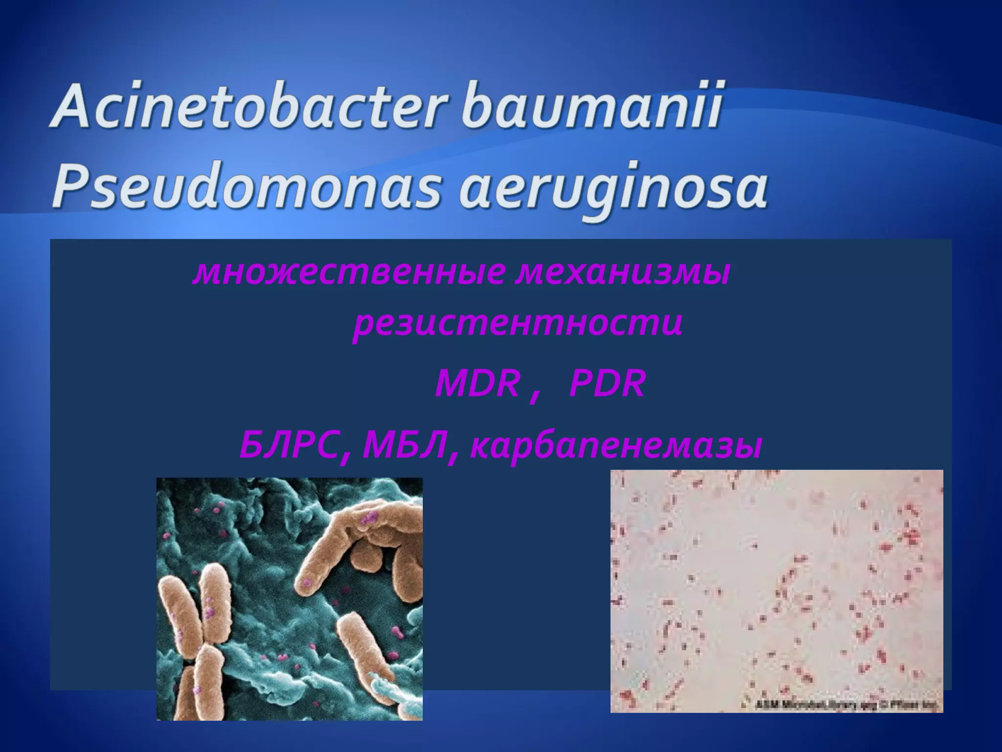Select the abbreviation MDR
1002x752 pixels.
point(477,384)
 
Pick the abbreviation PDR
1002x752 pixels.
point(607,384)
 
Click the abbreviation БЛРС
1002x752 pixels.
point(289,446)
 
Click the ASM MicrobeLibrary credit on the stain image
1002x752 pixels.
point(846,705)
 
